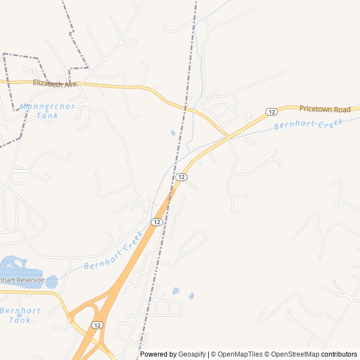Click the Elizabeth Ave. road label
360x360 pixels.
tap(55, 83)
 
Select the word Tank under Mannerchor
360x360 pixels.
tap(47, 116)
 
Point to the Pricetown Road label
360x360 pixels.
tap(325, 109)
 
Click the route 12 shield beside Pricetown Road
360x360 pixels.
tap(271, 111)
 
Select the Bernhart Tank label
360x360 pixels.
tap(20, 315)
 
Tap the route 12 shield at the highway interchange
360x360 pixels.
tap(97, 325)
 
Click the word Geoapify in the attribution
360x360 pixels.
tap(192, 354)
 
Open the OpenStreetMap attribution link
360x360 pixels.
tap(296, 354)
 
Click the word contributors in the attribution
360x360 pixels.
tap(340, 354)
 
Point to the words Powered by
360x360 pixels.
tap(158, 354)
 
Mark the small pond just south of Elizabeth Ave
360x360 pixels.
tap(172, 133)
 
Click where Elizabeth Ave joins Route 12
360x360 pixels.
tap(227, 137)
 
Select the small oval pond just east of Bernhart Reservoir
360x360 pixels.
tap(51, 281)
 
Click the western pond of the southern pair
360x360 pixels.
tap(175, 291)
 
